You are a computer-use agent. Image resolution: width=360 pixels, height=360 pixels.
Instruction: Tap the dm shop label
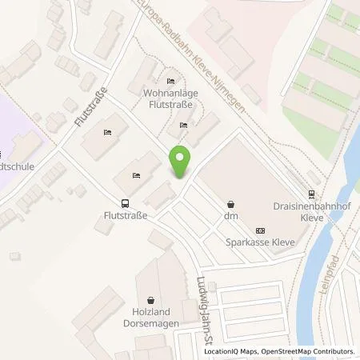tap(231, 217)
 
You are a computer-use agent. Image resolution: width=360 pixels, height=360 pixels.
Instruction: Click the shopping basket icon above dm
tap(231, 204)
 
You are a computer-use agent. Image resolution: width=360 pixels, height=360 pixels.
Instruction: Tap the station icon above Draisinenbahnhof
tap(311, 193)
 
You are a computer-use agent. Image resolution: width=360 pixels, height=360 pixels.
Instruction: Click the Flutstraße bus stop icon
tap(124, 203)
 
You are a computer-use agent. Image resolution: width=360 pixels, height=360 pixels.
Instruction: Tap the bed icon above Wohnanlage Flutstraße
tap(170, 82)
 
